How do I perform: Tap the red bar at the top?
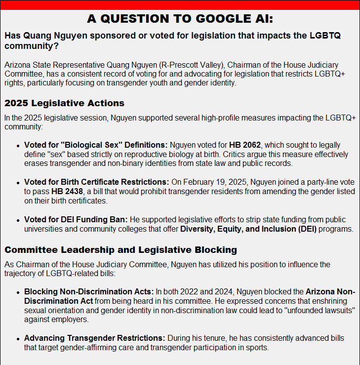[x=180, y=5]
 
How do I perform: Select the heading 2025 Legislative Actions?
[x=64, y=103]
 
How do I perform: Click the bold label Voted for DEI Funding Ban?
[x=76, y=219]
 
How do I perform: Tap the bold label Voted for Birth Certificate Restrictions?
[x=96, y=182]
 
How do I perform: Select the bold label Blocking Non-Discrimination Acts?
[x=89, y=291]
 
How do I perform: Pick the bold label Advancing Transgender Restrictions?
[x=94, y=338]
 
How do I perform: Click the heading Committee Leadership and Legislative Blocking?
[x=120, y=249]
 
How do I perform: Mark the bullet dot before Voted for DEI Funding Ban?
[x=18, y=220]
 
